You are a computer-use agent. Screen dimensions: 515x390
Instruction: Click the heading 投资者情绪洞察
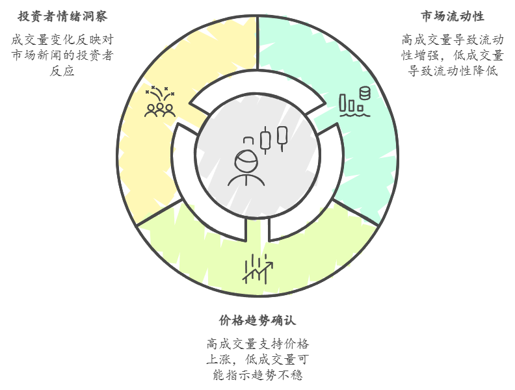pos(62,16)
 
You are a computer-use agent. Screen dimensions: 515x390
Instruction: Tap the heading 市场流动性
pos(452,16)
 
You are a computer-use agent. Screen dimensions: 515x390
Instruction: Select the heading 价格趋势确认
pos(257,320)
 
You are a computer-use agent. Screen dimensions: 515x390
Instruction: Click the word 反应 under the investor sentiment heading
pos(62,71)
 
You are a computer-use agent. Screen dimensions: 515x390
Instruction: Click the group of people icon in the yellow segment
pos(159,109)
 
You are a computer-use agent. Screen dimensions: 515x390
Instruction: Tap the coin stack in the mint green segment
pos(364,94)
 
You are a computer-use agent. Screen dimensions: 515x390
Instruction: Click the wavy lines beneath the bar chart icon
pos(354,114)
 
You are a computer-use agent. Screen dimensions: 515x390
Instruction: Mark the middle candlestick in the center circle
pos(265,139)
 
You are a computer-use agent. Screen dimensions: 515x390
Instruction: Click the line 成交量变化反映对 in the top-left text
pos(62,40)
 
